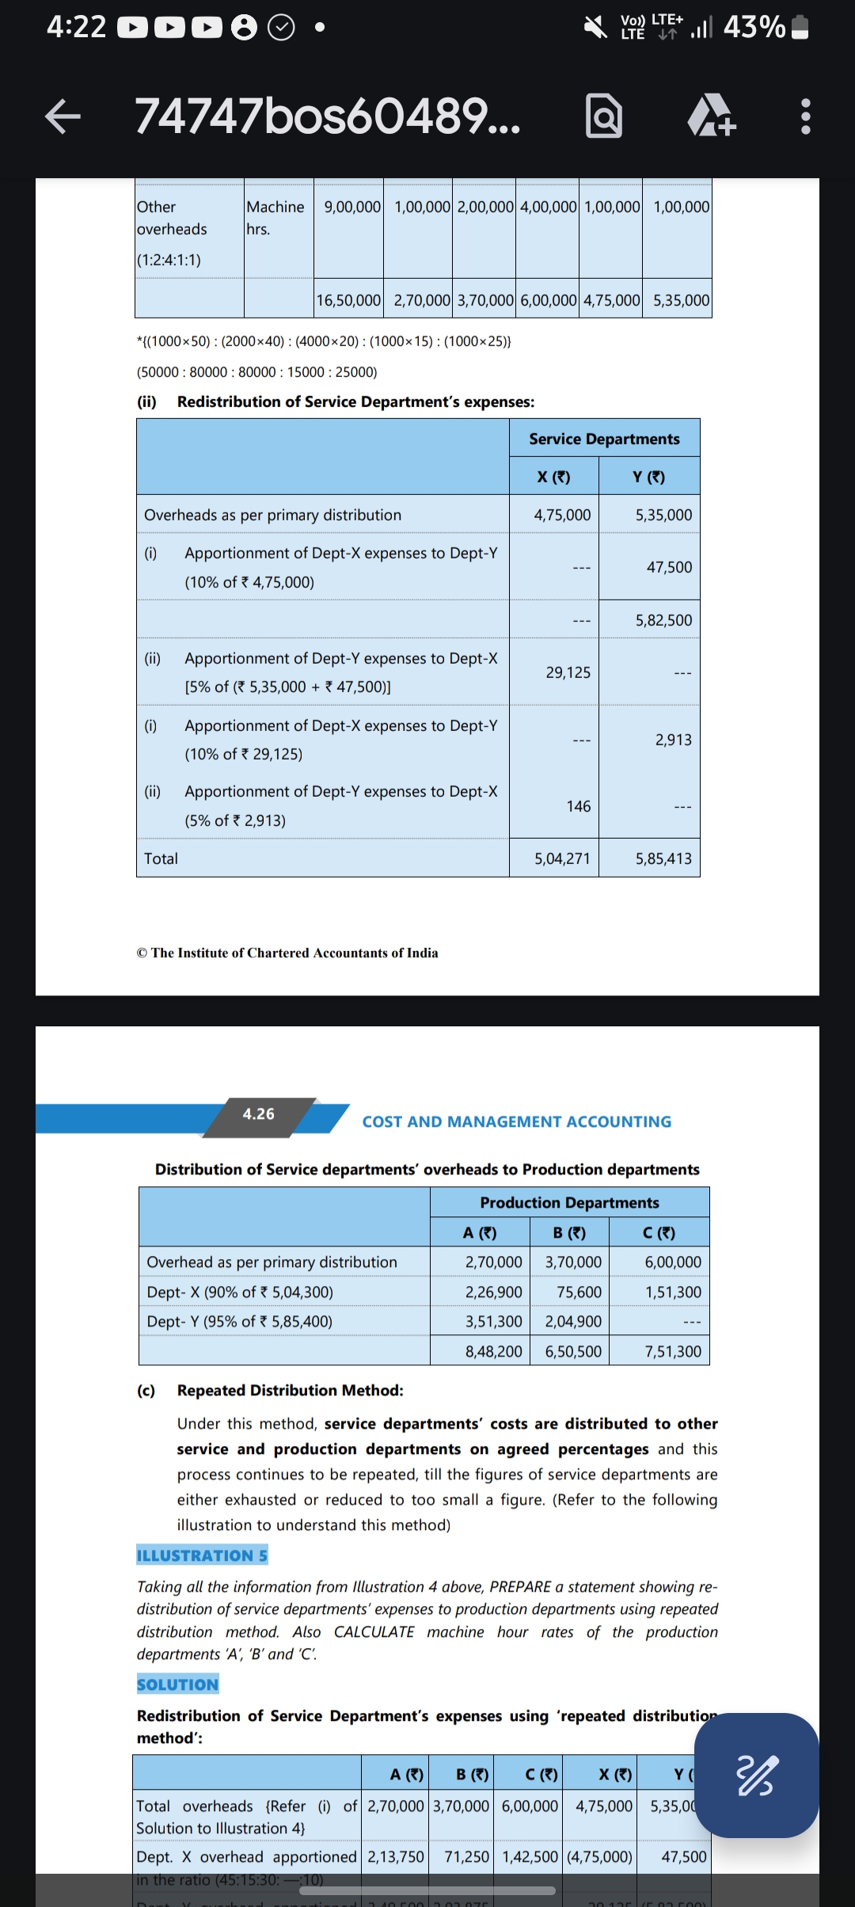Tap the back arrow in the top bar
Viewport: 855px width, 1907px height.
pyautogui.click(x=63, y=116)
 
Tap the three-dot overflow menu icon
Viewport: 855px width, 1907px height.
pyautogui.click(x=805, y=116)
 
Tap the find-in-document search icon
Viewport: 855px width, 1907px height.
pyautogui.click(x=603, y=116)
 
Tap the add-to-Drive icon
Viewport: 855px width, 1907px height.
pyautogui.click(x=711, y=116)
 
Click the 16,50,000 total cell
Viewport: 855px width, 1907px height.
pyautogui.click(x=348, y=300)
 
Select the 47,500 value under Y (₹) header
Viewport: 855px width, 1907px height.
pyautogui.click(x=669, y=567)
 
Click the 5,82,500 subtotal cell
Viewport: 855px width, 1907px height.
pyautogui.click(x=663, y=620)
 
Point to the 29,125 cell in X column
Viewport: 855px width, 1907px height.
pyautogui.click(x=568, y=672)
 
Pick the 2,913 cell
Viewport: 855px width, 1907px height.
pyautogui.click(x=673, y=740)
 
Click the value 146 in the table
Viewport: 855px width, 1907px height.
pyautogui.click(x=578, y=806)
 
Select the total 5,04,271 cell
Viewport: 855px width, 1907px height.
pyautogui.click(x=562, y=858)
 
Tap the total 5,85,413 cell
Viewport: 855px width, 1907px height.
pyautogui.click(x=663, y=858)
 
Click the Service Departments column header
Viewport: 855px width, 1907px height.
pyautogui.click(x=604, y=439)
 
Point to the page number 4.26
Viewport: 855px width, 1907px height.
pyautogui.click(x=258, y=1114)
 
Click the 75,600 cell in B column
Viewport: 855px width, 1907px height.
pyautogui.click(x=579, y=1292)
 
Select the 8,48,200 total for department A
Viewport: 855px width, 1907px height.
pyautogui.click(x=493, y=1352)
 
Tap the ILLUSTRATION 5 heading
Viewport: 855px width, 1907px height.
pyautogui.click(x=202, y=1555)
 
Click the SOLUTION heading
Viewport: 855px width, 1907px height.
pyautogui.click(x=177, y=1684)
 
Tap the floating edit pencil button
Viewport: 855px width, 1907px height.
pyautogui.click(x=756, y=1775)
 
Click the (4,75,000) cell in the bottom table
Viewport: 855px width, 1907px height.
pyautogui.click(x=599, y=1857)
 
